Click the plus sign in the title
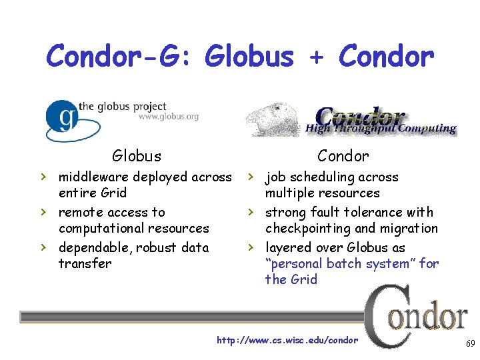click(317, 57)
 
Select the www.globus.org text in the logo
click(168, 117)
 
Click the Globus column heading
click(137, 156)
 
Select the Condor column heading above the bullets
click(343, 156)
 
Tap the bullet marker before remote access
click(43, 212)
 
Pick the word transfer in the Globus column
click(85, 263)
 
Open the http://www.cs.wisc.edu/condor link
click(287, 341)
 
